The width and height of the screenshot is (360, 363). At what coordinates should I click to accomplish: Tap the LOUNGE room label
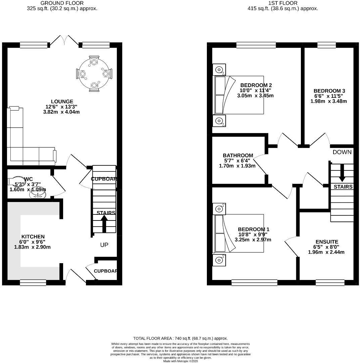[62, 102]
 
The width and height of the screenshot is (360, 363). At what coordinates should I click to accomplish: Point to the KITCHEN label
[33, 237]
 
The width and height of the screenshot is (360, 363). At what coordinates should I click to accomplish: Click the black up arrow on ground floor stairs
[104, 224]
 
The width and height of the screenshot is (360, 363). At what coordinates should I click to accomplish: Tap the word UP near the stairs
[104, 245]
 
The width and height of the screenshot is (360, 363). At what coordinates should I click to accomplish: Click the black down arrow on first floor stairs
[342, 172]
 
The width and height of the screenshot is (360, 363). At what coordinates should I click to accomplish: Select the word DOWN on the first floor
[342, 152]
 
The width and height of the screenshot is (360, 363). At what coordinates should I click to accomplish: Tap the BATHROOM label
[238, 155]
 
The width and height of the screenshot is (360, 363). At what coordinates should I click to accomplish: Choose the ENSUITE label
[326, 242]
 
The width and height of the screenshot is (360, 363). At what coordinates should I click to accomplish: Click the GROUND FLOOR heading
[62, 3]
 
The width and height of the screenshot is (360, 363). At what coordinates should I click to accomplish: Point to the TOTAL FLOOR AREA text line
[180, 338]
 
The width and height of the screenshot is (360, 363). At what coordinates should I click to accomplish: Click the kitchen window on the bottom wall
[33, 283]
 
